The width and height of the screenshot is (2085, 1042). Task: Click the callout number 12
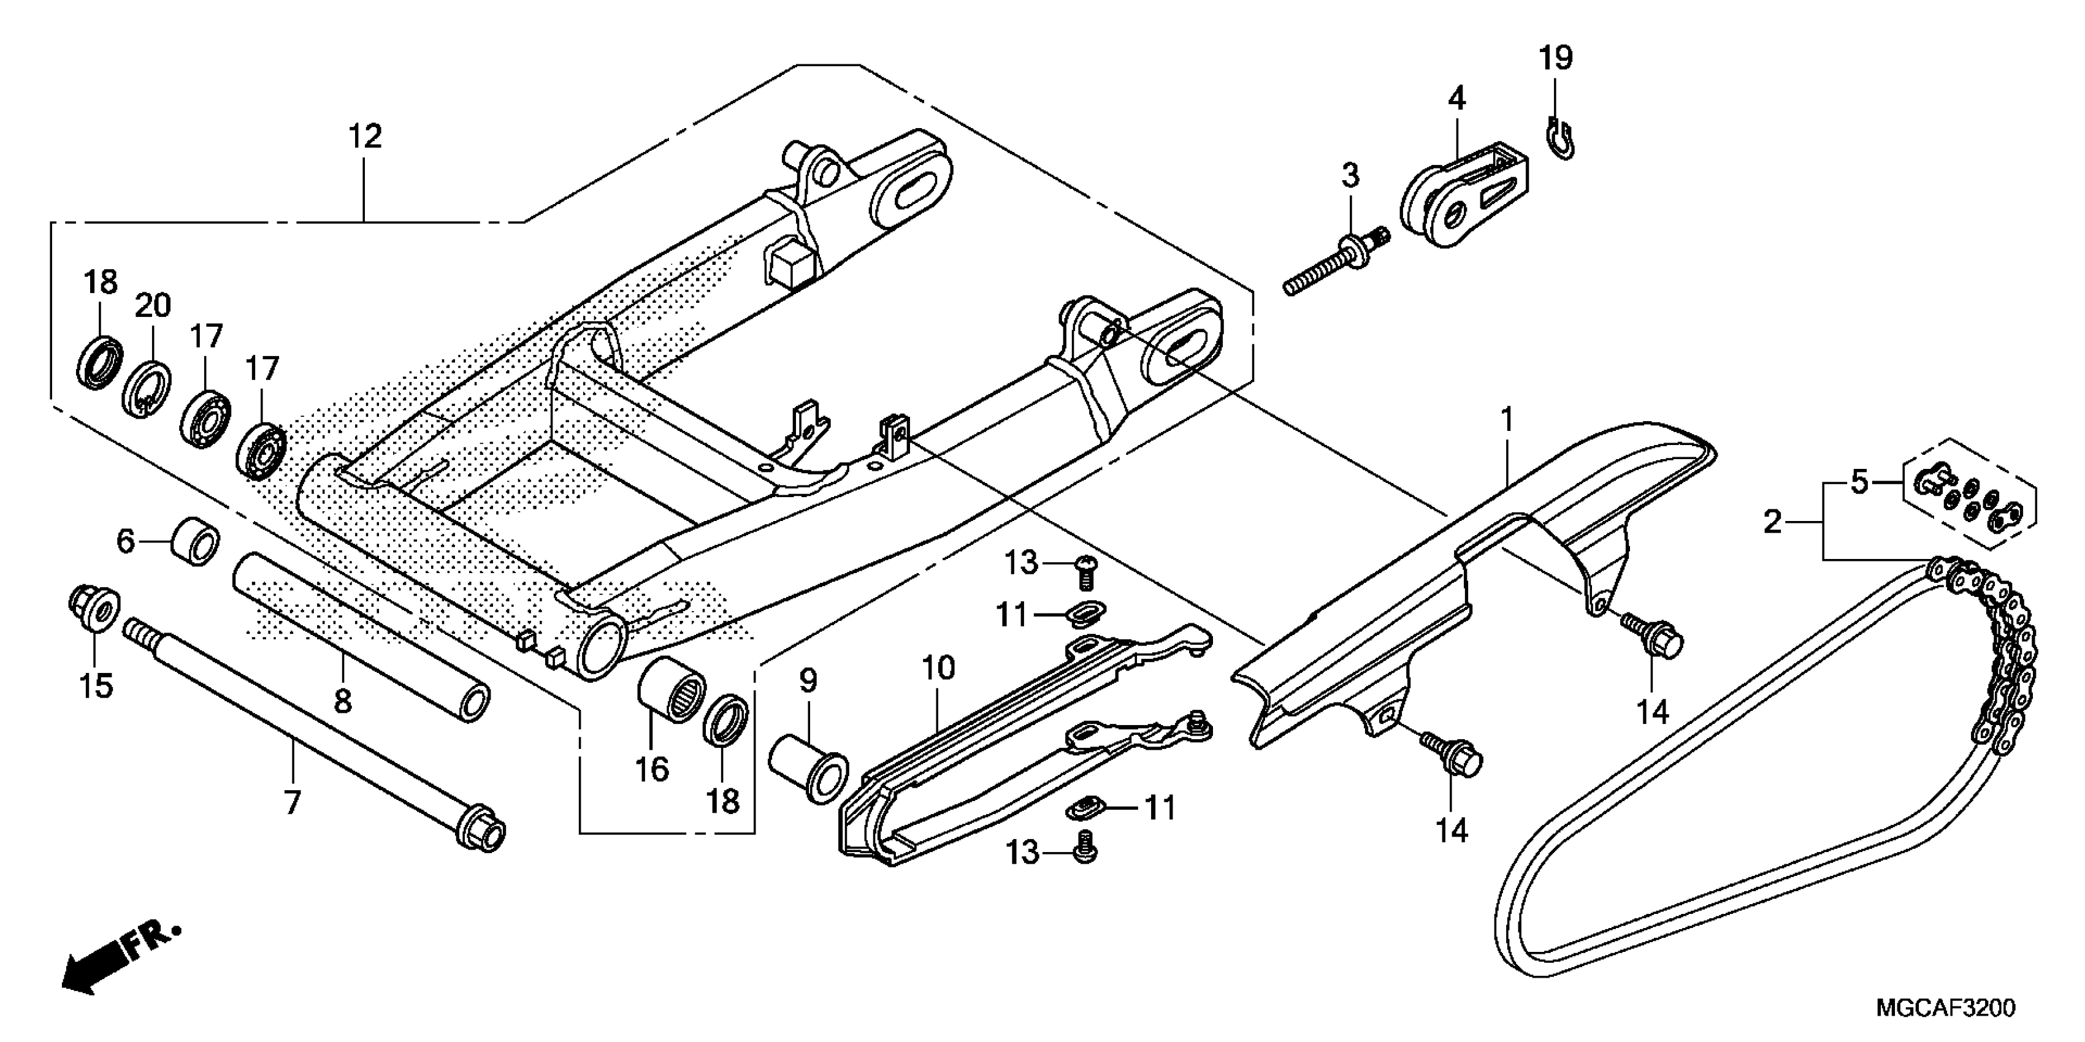(x=364, y=137)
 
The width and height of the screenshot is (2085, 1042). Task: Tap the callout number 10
(x=938, y=668)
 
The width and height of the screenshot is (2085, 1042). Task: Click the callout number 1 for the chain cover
(x=1506, y=420)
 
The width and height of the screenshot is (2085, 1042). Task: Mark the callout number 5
(x=1859, y=483)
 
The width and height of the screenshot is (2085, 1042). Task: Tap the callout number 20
(x=152, y=306)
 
